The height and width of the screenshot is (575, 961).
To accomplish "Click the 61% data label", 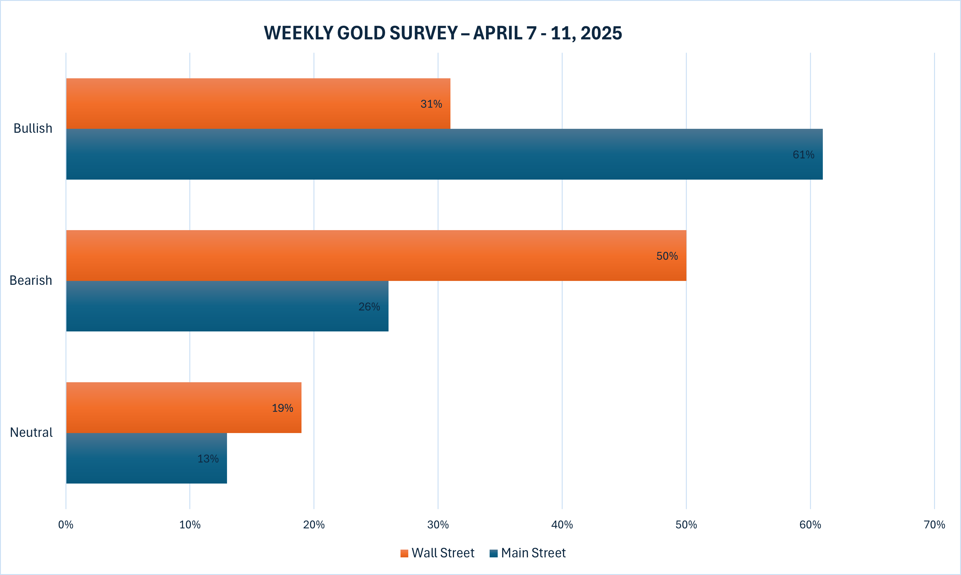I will click(803, 155).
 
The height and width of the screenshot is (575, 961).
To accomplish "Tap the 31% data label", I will click(431, 104).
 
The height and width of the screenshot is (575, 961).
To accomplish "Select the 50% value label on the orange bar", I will click(667, 256).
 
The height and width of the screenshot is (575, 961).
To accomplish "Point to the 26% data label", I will click(369, 307).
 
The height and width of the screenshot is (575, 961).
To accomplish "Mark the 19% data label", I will click(282, 408).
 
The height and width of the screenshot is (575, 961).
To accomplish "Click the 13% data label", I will click(208, 459).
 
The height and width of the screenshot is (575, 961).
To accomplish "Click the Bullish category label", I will click(33, 128).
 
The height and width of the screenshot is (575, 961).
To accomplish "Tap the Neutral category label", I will click(31, 432).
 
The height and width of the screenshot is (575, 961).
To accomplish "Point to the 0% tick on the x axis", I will click(66, 524).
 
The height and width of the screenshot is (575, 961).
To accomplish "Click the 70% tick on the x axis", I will click(934, 524).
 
